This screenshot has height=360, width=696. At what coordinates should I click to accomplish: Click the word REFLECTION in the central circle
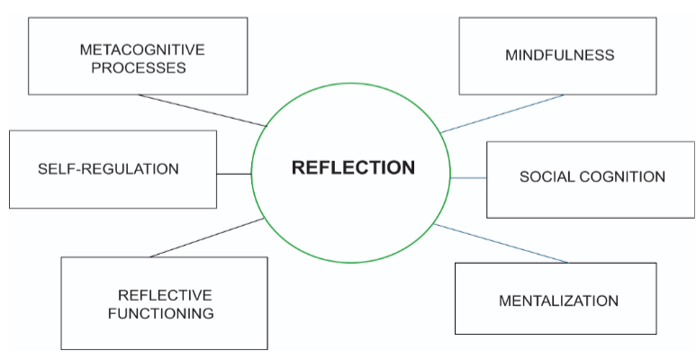(x=352, y=167)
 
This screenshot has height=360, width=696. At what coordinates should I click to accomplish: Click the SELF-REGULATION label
(x=108, y=168)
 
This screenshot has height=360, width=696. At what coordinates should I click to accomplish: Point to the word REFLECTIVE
(x=165, y=295)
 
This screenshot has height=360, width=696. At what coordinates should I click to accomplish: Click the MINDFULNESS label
(x=560, y=55)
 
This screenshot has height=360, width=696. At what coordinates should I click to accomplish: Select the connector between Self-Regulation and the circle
(x=234, y=174)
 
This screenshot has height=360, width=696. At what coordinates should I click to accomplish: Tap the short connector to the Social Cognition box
(x=468, y=178)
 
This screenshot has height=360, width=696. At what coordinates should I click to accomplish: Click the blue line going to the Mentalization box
(x=501, y=243)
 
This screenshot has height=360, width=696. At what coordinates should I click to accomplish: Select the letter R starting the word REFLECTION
(x=296, y=167)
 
